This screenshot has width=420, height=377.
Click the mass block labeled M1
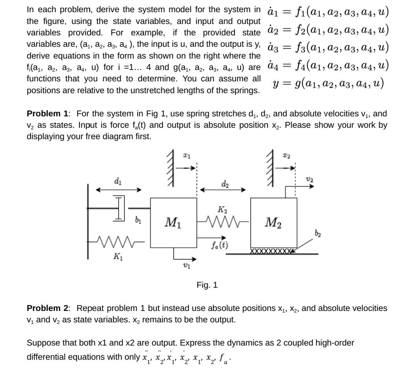(x=173, y=223)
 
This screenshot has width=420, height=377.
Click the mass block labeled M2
(x=274, y=223)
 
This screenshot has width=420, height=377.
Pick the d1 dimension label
(x=118, y=181)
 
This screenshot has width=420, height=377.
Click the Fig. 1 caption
(x=207, y=285)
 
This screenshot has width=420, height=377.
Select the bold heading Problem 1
(x=47, y=114)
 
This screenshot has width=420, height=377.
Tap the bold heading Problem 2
(x=47, y=308)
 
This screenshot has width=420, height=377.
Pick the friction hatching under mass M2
(x=271, y=251)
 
